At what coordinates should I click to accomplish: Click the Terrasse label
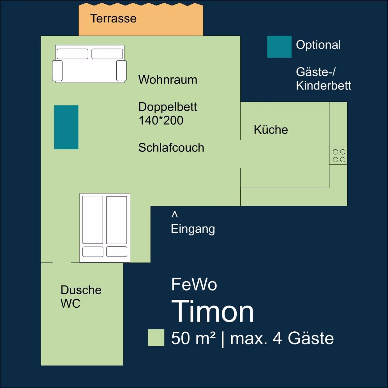(113, 18)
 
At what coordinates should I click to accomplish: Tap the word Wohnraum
(168, 80)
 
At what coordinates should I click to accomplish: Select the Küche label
(271, 129)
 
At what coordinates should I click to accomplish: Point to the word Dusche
(81, 290)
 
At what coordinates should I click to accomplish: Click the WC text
(70, 303)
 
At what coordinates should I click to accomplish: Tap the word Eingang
(193, 229)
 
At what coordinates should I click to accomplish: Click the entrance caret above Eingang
(175, 214)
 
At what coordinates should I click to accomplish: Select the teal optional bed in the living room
(66, 127)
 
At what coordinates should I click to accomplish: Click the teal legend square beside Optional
(279, 47)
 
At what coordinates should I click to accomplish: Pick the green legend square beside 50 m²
(156, 338)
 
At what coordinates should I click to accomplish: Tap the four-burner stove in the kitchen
(338, 156)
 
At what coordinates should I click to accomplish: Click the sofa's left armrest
(57, 70)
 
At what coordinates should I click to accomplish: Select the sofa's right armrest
(122, 70)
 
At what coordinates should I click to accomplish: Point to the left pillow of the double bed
(93, 252)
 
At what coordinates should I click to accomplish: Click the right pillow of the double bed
(117, 252)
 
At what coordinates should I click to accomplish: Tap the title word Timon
(212, 311)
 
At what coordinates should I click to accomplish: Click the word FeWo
(194, 284)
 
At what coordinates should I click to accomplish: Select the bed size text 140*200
(161, 120)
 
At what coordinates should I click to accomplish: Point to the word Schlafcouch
(171, 148)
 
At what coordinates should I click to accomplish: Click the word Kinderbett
(323, 85)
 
